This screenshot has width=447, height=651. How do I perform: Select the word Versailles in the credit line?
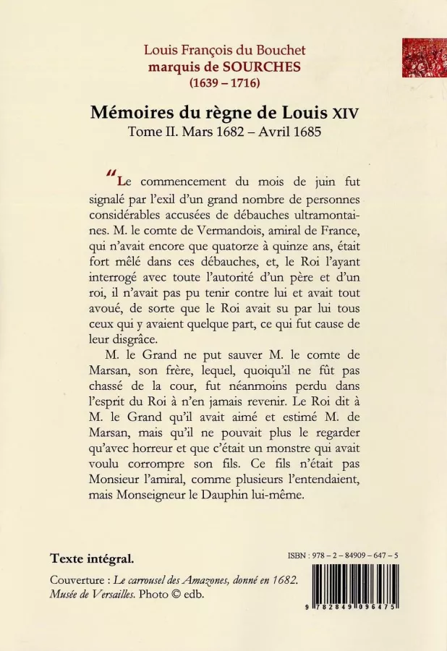pos(107,595)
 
